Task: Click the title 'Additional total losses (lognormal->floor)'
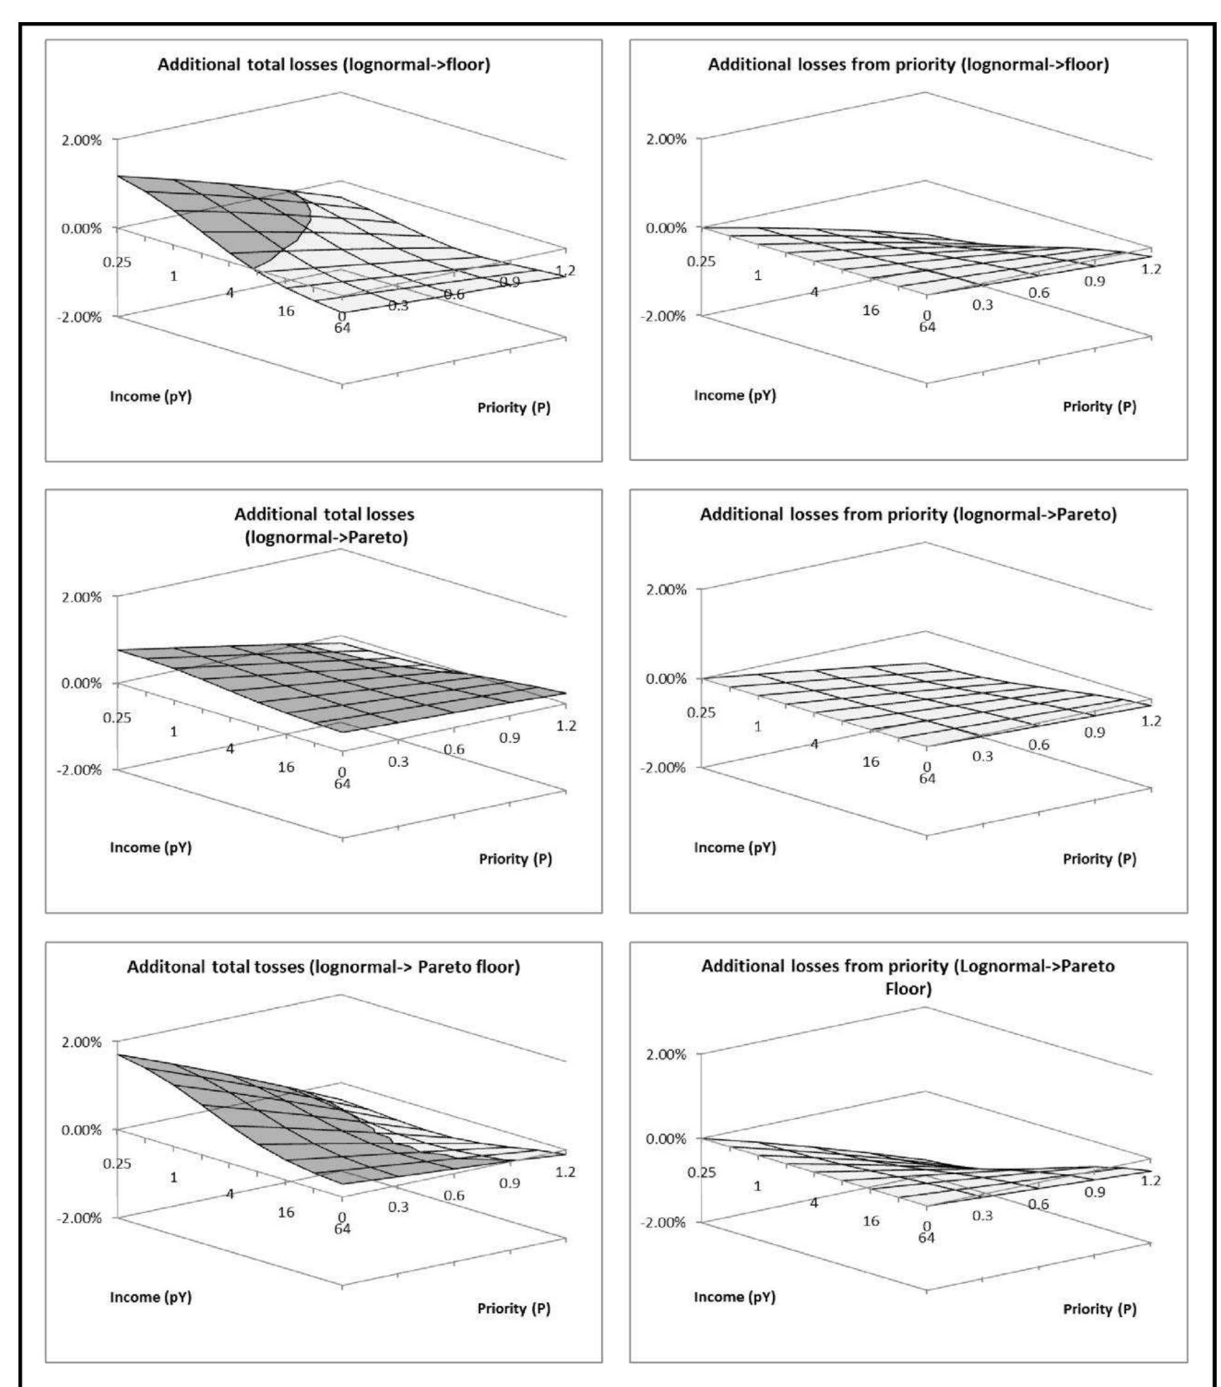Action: [324, 65]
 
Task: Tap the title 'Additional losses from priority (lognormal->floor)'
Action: [908, 65]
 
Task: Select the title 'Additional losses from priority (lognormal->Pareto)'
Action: [908, 515]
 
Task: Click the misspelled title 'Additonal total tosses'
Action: [324, 966]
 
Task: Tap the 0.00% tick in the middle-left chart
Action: [82, 683]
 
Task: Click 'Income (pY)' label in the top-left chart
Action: [150, 396]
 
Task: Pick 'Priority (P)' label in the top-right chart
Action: [1099, 406]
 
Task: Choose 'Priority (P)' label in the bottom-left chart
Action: [514, 1308]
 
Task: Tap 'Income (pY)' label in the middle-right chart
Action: [735, 847]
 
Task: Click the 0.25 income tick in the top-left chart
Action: [117, 262]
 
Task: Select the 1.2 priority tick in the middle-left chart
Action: [566, 725]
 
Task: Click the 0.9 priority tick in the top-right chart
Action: [1093, 282]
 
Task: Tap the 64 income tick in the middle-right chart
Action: [927, 779]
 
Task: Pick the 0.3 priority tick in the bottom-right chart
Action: [981, 1214]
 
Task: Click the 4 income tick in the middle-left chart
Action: [230, 748]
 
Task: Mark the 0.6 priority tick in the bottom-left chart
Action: [454, 1195]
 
